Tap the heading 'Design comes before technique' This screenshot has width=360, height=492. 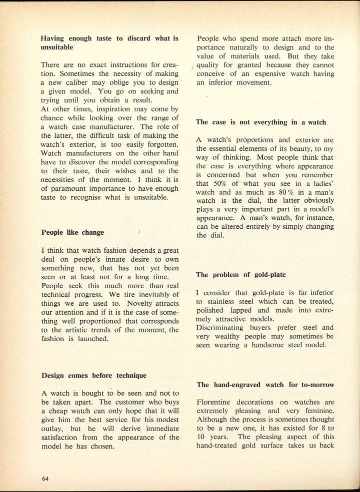[93, 376]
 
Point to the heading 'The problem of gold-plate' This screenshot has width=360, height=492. [237, 275]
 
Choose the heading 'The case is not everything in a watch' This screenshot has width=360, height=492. [261, 122]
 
